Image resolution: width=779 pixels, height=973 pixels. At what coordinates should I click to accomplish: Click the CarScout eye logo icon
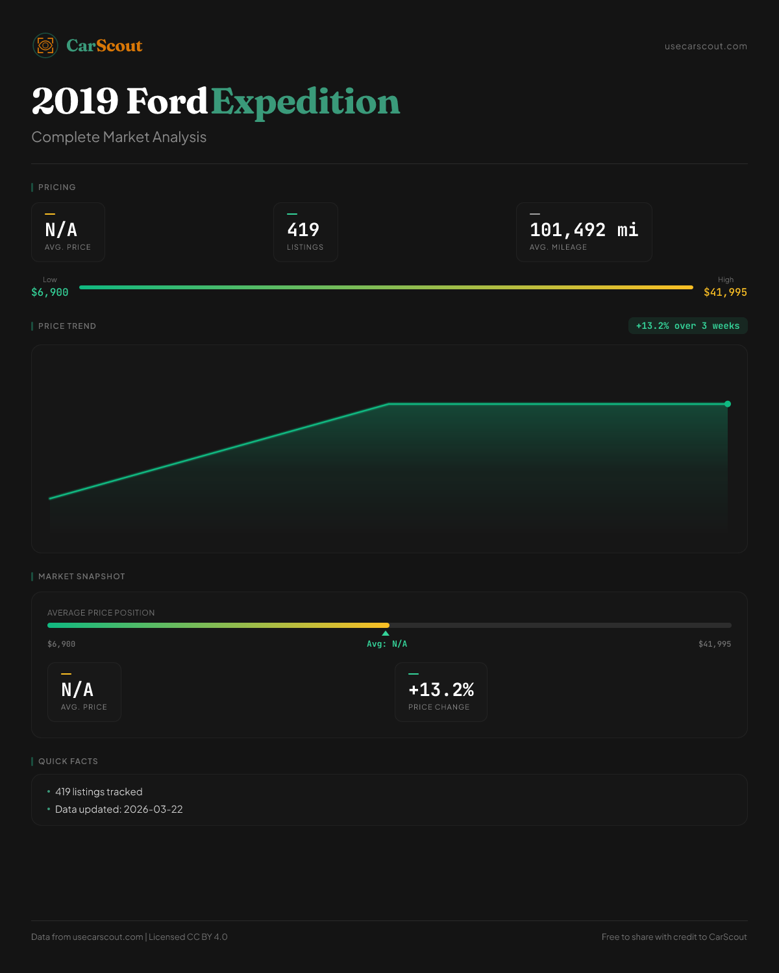pyautogui.click(x=45, y=45)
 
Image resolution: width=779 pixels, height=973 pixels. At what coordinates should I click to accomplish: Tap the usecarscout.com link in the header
pyautogui.click(x=706, y=46)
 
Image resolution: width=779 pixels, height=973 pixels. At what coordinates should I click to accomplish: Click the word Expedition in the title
pyautogui.click(x=305, y=102)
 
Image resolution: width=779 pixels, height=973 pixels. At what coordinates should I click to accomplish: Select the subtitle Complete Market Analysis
pyautogui.click(x=119, y=137)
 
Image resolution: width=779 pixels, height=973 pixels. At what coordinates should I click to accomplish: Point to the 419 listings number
pyautogui.click(x=303, y=230)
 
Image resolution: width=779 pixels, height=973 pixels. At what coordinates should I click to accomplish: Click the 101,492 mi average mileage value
pyautogui.click(x=584, y=230)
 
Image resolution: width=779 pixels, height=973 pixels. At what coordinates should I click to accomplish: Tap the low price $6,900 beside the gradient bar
pyautogui.click(x=50, y=293)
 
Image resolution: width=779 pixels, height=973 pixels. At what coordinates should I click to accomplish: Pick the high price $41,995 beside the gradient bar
pyautogui.click(x=725, y=293)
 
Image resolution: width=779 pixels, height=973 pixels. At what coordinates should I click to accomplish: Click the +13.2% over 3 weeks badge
pyautogui.click(x=687, y=326)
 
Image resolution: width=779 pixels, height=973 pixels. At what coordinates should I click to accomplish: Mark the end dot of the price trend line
pyautogui.click(x=728, y=404)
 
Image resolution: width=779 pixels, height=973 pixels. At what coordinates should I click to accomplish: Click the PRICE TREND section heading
pyautogui.click(x=67, y=326)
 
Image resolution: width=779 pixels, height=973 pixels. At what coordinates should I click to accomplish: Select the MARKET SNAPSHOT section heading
pyautogui.click(x=81, y=577)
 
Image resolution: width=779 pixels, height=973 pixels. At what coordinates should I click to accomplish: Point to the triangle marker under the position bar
pyautogui.click(x=386, y=633)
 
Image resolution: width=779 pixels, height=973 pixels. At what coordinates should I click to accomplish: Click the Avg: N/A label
pyautogui.click(x=387, y=644)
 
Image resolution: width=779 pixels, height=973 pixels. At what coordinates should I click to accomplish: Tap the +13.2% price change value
pyautogui.click(x=441, y=690)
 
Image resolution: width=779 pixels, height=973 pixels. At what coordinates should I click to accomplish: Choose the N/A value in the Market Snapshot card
pyautogui.click(x=77, y=690)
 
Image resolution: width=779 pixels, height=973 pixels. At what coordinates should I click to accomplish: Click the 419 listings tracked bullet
pyautogui.click(x=99, y=792)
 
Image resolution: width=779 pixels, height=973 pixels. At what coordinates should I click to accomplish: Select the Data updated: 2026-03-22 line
pyautogui.click(x=119, y=810)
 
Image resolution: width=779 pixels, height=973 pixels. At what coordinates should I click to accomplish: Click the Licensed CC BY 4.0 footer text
pyautogui.click(x=188, y=937)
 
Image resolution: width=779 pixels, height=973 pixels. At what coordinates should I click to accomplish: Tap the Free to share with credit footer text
pyautogui.click(x=674, y=937)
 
